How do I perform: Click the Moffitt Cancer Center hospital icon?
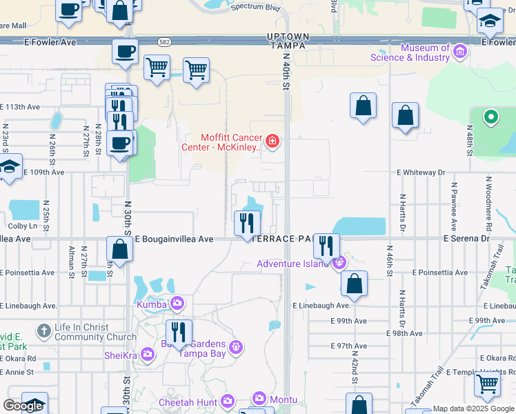pyautogui.click(x=272, y=141)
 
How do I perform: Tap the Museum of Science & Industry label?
pyautogui.click(x=410, y=52)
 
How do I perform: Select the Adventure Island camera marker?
pyautogui.click(x=339, y=263)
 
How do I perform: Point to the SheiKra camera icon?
pyautogui.click(x=148, y=354)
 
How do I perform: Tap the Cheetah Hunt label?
pyautogui.click(x=188, y=402)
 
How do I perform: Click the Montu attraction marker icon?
pyautogui.click(x=259, y=398)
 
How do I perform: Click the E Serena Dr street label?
pyautogui.click(x=466, y=238)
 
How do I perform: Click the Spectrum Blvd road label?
pyautogui.click(x=257, y=6)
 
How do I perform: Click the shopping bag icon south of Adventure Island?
pyautogui.click(x=354, y=284)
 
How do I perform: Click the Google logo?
pyautogui.click(x=23, y=406)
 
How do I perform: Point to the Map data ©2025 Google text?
pyautogui.click(x=473, y=409)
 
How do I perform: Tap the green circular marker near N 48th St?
pyautogui.click(x=491, y=117)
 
